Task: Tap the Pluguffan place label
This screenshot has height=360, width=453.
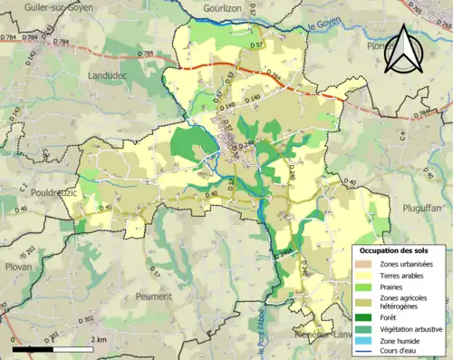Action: pos(421,208)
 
